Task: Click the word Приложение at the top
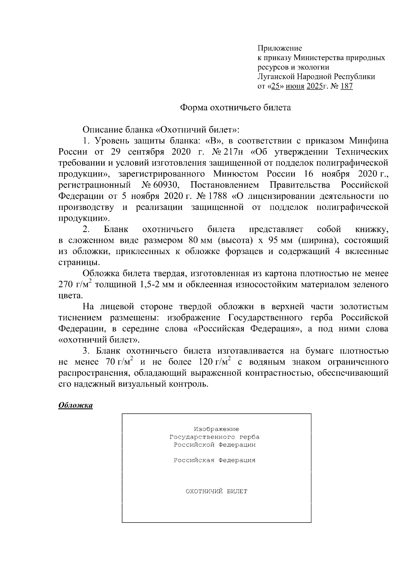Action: [x=279, y=48]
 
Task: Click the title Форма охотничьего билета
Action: [x=235, y=108]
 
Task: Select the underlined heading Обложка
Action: [x=75, y=405]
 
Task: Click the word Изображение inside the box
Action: [x=216, y=429]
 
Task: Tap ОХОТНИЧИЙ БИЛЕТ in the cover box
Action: [x=216, y=491]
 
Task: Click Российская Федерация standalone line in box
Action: [x=215, y=460]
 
